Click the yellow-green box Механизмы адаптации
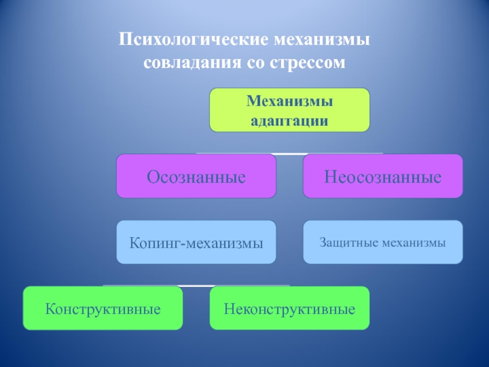290,110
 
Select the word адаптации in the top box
290,120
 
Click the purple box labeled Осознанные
196,176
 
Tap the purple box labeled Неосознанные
383,176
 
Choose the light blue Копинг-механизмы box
196,242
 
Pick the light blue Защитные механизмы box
383,242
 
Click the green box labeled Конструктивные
103,308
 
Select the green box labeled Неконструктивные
290,308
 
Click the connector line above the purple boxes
290,153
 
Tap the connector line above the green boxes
196,286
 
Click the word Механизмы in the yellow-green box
290,100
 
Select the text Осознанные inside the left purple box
196,177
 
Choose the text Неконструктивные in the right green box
290,309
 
